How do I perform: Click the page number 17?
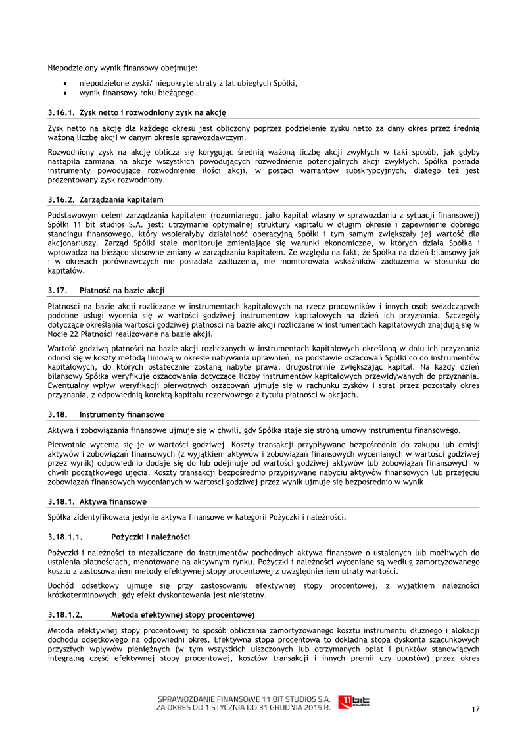click(475, 708)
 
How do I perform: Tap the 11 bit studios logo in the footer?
click(354, 702)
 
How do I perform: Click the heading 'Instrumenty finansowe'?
click(122, 414)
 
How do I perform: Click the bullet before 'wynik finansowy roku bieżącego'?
click(64, 93)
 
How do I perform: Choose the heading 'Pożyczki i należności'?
click(151, 537)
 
